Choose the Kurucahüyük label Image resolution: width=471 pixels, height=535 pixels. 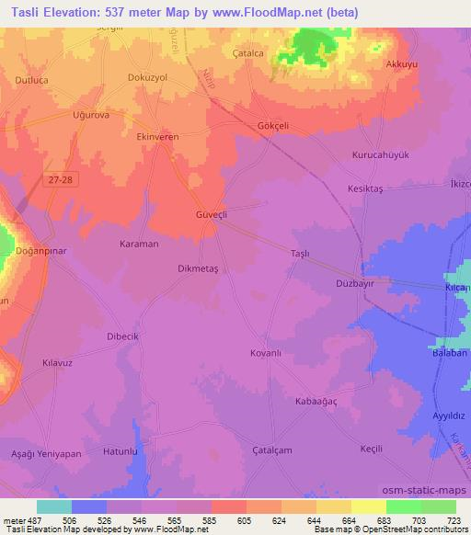coord(379,155)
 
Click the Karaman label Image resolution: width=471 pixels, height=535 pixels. coord(140,245)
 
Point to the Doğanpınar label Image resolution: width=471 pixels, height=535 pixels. coord(44,250)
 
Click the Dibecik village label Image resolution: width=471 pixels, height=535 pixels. coord(121,336)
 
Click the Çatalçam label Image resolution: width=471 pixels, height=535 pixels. coord(272,449)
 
